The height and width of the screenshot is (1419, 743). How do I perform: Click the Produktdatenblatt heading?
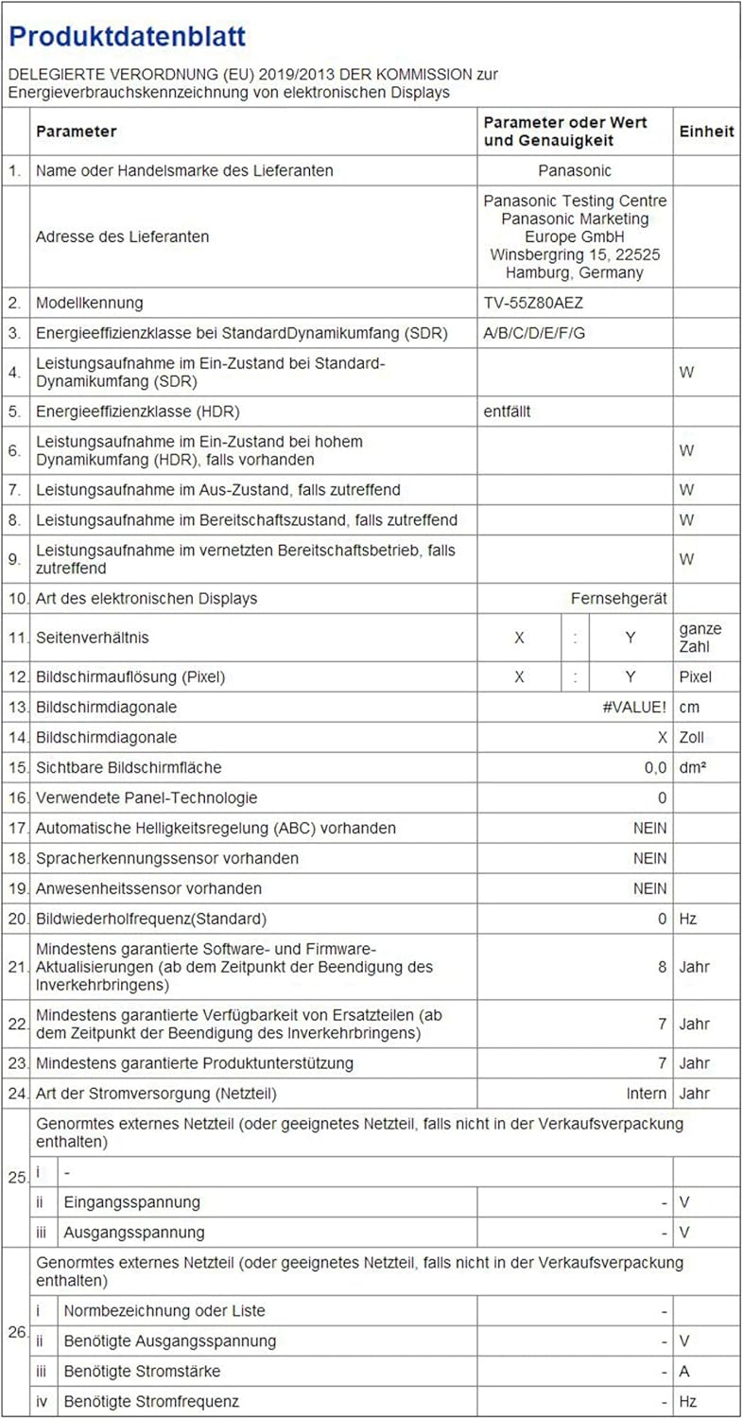pyautogui.click(x=128, y=37)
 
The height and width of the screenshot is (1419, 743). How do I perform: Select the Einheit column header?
pyautogui.click(x=706, y=131)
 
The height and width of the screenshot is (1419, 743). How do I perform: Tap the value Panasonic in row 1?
pyautogui.click(x=575, y=170)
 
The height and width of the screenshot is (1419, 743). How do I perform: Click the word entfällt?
pyautogui.click(x=512, y=412)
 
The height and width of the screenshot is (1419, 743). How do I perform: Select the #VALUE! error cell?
pyautogui.click(x=634, y=707)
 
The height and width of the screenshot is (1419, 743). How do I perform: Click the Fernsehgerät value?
pyautogui.click(x=619, y=598)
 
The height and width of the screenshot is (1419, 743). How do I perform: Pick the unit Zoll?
pyautogui.click(x=693, y=737)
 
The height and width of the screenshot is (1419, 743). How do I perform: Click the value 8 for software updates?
pyautogui.click(x=662, y=967)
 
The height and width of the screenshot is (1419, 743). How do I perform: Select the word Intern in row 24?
pyautogui.click(x=647, y=1094)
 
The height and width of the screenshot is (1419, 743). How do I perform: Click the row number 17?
pyautogui.click(x=16, y=828)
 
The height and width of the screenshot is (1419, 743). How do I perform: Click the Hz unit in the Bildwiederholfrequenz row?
pyautogui.click(x=688, y=919)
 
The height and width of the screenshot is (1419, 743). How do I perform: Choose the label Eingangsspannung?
pyautogui.click(x=131, y=1202)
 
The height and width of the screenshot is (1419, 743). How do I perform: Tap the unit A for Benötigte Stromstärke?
pyautogui.click(x=684, y=1371)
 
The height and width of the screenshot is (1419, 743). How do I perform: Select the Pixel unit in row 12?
pyautogui.click(x=695, y=677)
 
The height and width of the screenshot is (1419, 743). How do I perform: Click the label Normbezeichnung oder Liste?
pyautogui.click(x=164, y=1310)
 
